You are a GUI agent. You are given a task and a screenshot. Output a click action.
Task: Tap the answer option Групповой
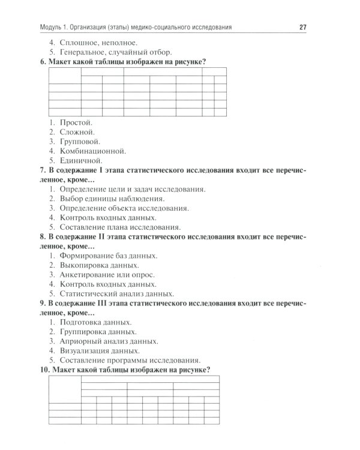click(x=80, y=141)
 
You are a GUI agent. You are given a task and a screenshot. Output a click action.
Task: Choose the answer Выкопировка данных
click(x=100, y=265)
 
